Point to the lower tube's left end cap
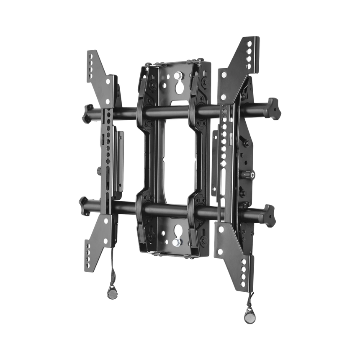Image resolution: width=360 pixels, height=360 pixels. [x=83, y=206]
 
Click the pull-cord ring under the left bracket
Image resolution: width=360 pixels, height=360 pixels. [x=112, y=292]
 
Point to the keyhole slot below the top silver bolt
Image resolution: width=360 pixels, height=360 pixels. [x=178, y=87]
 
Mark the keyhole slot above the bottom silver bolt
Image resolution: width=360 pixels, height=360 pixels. [x=177, y=230]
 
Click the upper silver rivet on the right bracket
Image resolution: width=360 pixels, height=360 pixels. [x=224, y=75]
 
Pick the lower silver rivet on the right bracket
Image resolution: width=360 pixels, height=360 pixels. [x=223, y=97]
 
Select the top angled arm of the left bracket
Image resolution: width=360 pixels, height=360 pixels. [x=100, y=71]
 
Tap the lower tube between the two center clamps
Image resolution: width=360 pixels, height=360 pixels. [x=170, y=210]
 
